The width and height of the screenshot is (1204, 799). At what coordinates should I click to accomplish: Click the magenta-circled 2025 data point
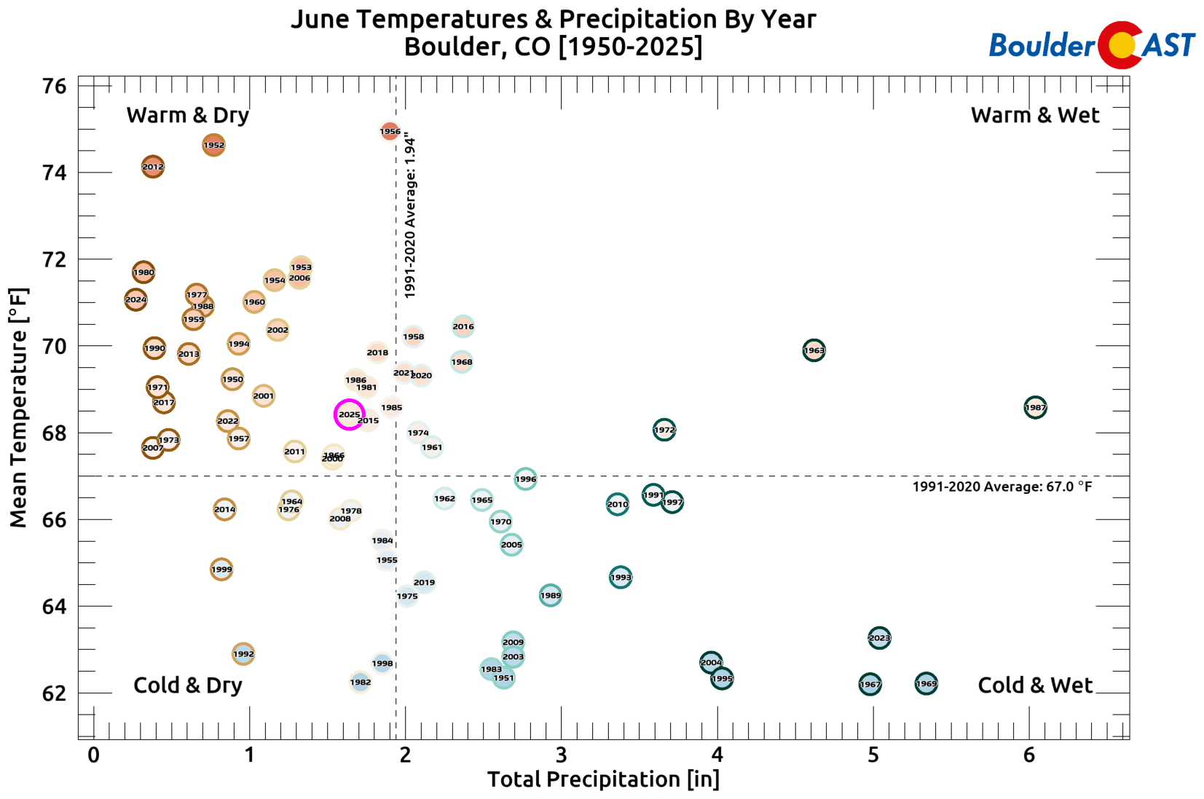[349, 414]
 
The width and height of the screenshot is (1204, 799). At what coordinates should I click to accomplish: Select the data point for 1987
[1035, 408]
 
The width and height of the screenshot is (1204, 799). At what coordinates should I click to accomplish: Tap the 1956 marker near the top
[390, 131]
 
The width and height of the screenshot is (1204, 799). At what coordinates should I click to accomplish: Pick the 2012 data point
[152, 167]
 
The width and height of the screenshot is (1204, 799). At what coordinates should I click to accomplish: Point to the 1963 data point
[814, 350]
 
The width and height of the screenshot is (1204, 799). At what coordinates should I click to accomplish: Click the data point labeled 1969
[926, 684]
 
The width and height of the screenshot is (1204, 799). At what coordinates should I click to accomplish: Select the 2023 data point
[879, 638]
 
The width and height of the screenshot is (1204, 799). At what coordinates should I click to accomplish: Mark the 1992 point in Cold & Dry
[243, 654]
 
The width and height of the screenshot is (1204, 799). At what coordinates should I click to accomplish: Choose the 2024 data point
[135, 299]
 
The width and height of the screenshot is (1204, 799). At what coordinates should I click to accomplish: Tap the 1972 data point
[664, 430]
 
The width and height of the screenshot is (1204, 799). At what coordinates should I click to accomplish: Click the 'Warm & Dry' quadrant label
[188, 115]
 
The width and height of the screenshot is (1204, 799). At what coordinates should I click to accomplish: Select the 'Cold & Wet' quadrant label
[1035, 685]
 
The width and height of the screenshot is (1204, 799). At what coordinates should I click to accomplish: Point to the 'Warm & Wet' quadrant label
[1035, 115]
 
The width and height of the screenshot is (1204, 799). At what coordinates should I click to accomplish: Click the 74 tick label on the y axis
[55, 173]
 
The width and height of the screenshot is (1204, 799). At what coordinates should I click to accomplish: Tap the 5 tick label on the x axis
[873, 755]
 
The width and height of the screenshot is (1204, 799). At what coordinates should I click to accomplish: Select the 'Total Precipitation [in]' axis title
[603, 779]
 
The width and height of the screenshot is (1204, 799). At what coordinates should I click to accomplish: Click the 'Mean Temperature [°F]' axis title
[19, 408]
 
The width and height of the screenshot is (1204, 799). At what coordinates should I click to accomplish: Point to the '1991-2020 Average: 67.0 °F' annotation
[1002, 487]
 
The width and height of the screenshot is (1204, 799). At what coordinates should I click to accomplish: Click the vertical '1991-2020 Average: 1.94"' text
[410, 215]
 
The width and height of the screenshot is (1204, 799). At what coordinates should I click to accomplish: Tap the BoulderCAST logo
[1091, 45]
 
